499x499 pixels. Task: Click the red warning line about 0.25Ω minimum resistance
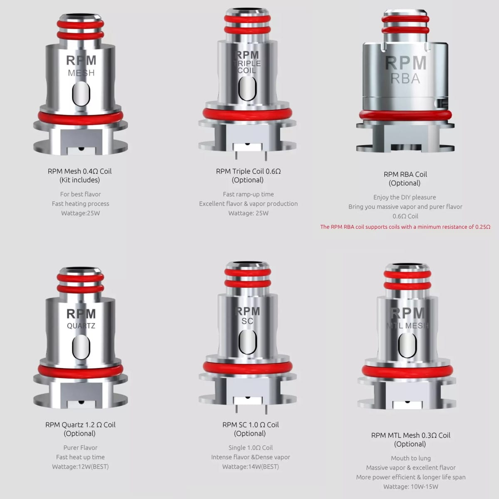pos(405,227)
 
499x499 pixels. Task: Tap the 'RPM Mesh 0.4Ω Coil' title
pos(80,171)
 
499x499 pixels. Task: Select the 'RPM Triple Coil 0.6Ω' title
pos(248,171)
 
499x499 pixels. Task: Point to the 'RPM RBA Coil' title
pos(405,174)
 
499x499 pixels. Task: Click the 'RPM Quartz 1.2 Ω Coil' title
pos(80,425)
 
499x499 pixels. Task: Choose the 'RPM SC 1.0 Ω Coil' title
pos(250,425)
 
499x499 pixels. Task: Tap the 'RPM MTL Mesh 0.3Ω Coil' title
pos(411,435)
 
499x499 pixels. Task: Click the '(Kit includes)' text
pos(80,180)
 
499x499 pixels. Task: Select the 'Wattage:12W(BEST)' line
pos(80,467)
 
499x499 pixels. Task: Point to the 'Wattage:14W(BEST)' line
pos(250,467)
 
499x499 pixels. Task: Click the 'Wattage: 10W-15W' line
pos(411,487)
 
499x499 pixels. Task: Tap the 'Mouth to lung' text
pos(411,458)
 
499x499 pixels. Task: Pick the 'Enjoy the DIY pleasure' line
pos(405,198)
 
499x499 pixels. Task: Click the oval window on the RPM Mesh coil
pos(81,94)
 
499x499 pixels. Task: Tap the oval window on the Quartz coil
pos(81,347)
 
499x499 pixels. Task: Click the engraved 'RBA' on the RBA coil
pos(405,79)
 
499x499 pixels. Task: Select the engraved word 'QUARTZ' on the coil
pos(81,326)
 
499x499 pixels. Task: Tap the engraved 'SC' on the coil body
pos(247,321)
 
